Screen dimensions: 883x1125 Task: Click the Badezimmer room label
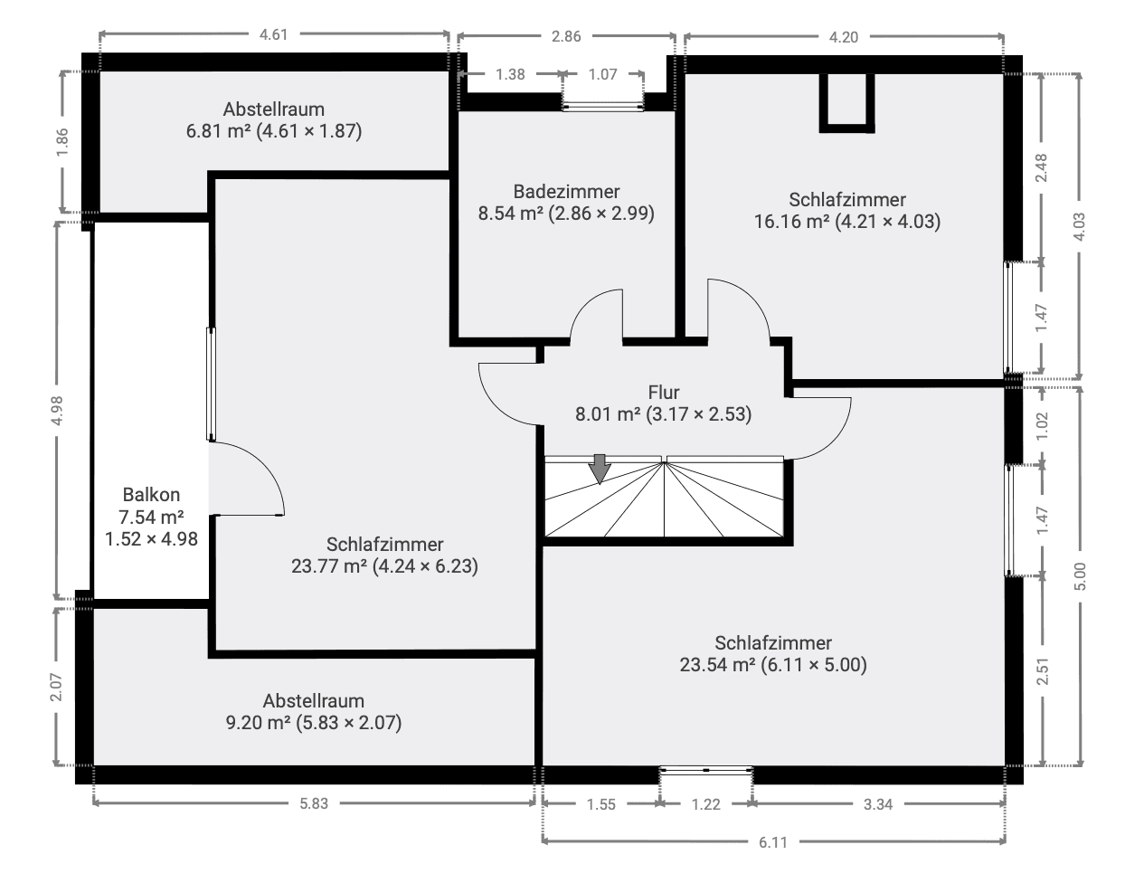click(566, 192)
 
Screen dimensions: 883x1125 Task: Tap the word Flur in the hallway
click(663, 393)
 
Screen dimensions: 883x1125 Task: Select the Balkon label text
click(151, 495)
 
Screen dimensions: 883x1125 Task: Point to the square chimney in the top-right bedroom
click(846, 101)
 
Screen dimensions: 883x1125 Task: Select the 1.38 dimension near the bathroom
click(510, 74)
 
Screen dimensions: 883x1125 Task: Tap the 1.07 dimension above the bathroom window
click(602, 74)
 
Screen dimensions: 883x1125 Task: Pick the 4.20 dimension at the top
click(843, 37)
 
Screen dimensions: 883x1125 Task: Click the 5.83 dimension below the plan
click(313, 803)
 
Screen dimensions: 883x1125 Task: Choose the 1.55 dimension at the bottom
click(600, 803)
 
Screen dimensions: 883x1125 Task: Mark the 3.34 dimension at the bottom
click(877, 803)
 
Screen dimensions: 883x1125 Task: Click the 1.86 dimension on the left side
click(61, 144)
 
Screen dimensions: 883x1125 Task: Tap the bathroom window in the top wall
click(603, 106)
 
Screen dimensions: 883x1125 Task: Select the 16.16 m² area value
click(791, 222)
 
